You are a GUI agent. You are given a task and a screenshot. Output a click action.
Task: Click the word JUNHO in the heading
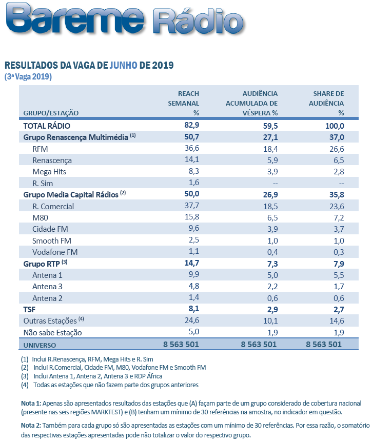click(124, 66)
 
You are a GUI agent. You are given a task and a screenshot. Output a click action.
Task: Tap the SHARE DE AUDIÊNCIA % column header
click(328, 103)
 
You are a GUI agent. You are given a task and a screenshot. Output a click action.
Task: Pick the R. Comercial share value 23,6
click(335, 206)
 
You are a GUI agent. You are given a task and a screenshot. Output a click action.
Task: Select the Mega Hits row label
click(49, 172)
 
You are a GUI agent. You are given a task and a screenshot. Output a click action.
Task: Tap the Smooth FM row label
click(52, 240)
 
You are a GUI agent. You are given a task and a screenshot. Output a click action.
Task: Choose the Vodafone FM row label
click(55, 252)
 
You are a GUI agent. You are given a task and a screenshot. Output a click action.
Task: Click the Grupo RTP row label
click(42, 264)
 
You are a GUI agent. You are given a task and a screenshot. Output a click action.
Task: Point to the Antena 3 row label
click(48, 287)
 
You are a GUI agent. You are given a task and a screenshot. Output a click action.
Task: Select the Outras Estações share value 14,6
click(335, 321)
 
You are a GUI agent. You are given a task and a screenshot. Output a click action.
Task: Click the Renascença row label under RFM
click(52, 160)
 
